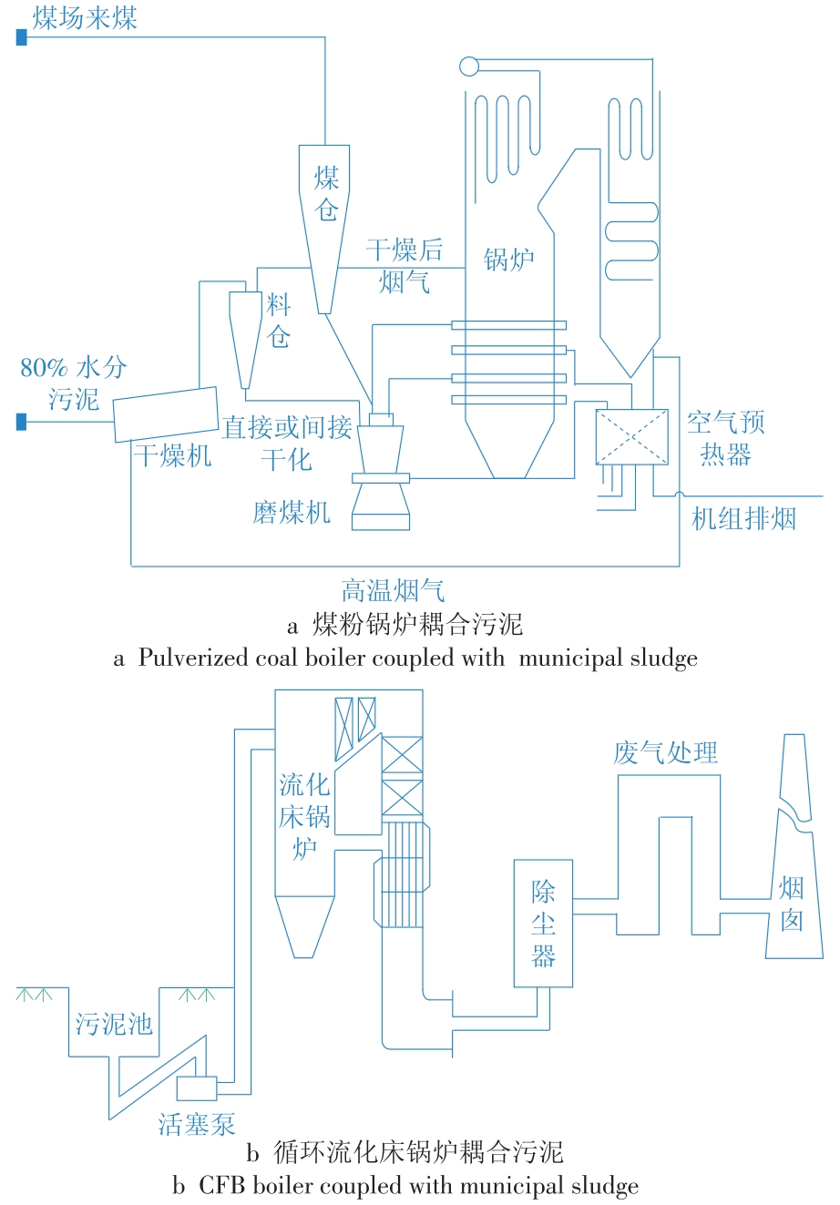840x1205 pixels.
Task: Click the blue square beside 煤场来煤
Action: (x=22, y=37)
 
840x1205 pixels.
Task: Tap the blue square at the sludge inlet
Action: (x=22, y=422)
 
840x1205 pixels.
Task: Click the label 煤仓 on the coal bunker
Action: (x=326, y=194)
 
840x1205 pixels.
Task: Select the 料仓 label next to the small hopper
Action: (x=278, y=320)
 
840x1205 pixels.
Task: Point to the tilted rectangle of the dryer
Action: (x=167, y=414)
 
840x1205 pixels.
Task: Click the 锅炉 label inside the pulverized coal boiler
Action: (x=508, y=260)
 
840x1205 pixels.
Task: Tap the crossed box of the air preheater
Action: (x=631, y=437)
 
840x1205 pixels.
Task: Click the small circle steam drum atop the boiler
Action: (x=468, y=66)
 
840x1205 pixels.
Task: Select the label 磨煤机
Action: (x=292, y=512)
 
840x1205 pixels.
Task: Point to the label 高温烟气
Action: (x=393, y=591)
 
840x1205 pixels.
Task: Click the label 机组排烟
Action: (x=743, y=519)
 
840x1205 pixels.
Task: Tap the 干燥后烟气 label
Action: (x=405, y=266)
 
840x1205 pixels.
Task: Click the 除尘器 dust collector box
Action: (x=543, y=924)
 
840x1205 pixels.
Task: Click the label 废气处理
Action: (x=665, y=752)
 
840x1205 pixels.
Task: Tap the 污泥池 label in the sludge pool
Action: (x=114, y=1023)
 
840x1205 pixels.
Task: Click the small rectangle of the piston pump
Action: (x=197, y=1088)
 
